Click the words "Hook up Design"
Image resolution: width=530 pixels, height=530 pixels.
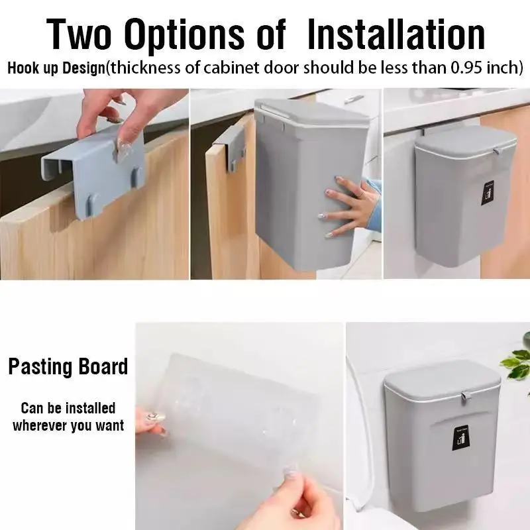tap(56, 68)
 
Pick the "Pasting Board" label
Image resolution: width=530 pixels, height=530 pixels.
tap(68, 366)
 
